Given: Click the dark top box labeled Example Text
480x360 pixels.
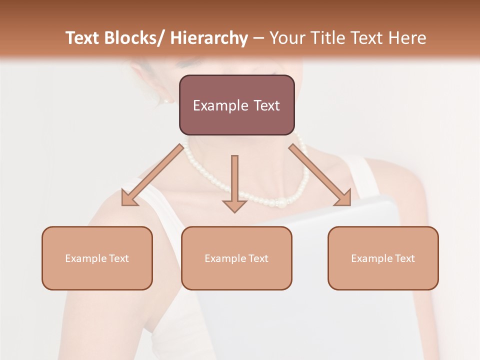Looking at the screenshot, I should (236, 105).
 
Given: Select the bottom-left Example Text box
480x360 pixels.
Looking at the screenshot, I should (97, 258).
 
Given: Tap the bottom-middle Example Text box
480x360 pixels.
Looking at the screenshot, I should (236, 258).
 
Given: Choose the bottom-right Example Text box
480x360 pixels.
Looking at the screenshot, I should (383, 258).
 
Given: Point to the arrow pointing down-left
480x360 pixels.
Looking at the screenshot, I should (152, 175).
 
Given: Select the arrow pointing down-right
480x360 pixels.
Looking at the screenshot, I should (320, 175).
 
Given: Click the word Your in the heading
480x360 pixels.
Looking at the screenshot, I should (287, 38).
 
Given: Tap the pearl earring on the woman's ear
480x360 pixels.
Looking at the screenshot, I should (166, 100).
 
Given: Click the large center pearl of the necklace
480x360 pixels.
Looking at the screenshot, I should (282, 203).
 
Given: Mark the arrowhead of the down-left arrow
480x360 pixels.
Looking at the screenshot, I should (128, 198).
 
